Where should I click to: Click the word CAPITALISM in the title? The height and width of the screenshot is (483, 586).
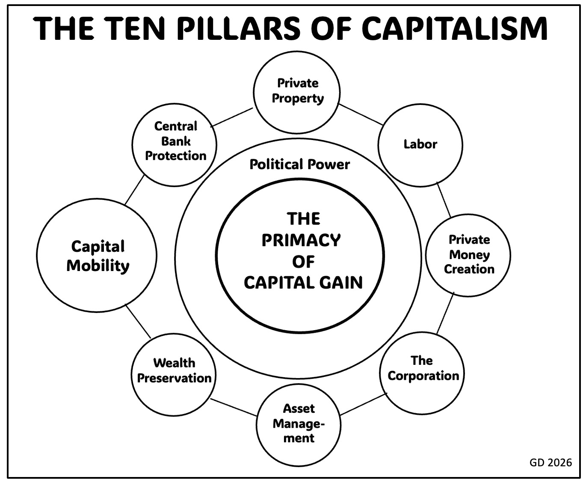tap(454, 29)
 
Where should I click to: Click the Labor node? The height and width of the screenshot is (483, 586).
tap(420, 144)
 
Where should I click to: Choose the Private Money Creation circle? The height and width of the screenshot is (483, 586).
tap(469, 255)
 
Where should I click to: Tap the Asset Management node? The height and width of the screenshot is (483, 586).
tap(299, 423)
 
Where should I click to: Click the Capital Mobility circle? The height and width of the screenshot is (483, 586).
tap(97, 256)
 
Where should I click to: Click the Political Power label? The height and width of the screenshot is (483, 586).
tap(299, 164)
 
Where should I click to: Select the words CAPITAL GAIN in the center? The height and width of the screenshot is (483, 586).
tap(303, 283)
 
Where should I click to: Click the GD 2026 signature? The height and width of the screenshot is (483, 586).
tap(550, 462)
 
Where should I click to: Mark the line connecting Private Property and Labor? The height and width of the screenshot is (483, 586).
tap(361, 114)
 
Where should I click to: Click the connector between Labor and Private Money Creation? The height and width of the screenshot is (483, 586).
tap(444, 200)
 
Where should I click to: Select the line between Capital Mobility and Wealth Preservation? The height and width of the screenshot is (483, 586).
tap(138, 321)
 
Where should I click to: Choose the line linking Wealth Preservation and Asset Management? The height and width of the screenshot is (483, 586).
tap(234, 407)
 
